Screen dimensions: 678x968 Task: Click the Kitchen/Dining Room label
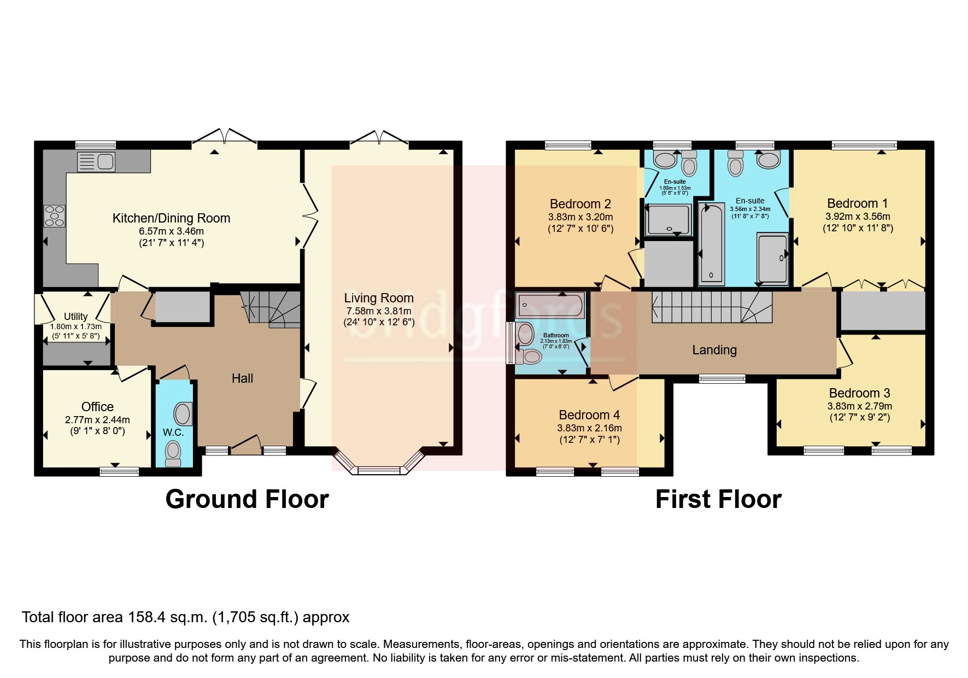point(171,218)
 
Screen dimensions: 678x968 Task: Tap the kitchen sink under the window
point(96,162)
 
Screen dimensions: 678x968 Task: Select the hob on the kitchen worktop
point(54,215)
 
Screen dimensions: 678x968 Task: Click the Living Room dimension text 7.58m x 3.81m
point(378,311)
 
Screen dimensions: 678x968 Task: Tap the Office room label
point(97,407)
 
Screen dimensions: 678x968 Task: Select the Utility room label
point(75,317)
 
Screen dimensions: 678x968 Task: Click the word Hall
point(242,378)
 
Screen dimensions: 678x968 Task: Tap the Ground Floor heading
point(247,499)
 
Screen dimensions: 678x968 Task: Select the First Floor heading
point(718,499)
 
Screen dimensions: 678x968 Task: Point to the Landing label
point(714,350)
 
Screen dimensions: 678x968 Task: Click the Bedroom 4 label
point(589,415)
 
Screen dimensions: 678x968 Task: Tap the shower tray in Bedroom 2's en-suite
point(668,219)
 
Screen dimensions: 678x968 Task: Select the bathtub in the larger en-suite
point(711,243)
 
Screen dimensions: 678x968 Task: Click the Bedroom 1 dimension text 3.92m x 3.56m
point(858,217)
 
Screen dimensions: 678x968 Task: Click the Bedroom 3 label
point(859,393)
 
